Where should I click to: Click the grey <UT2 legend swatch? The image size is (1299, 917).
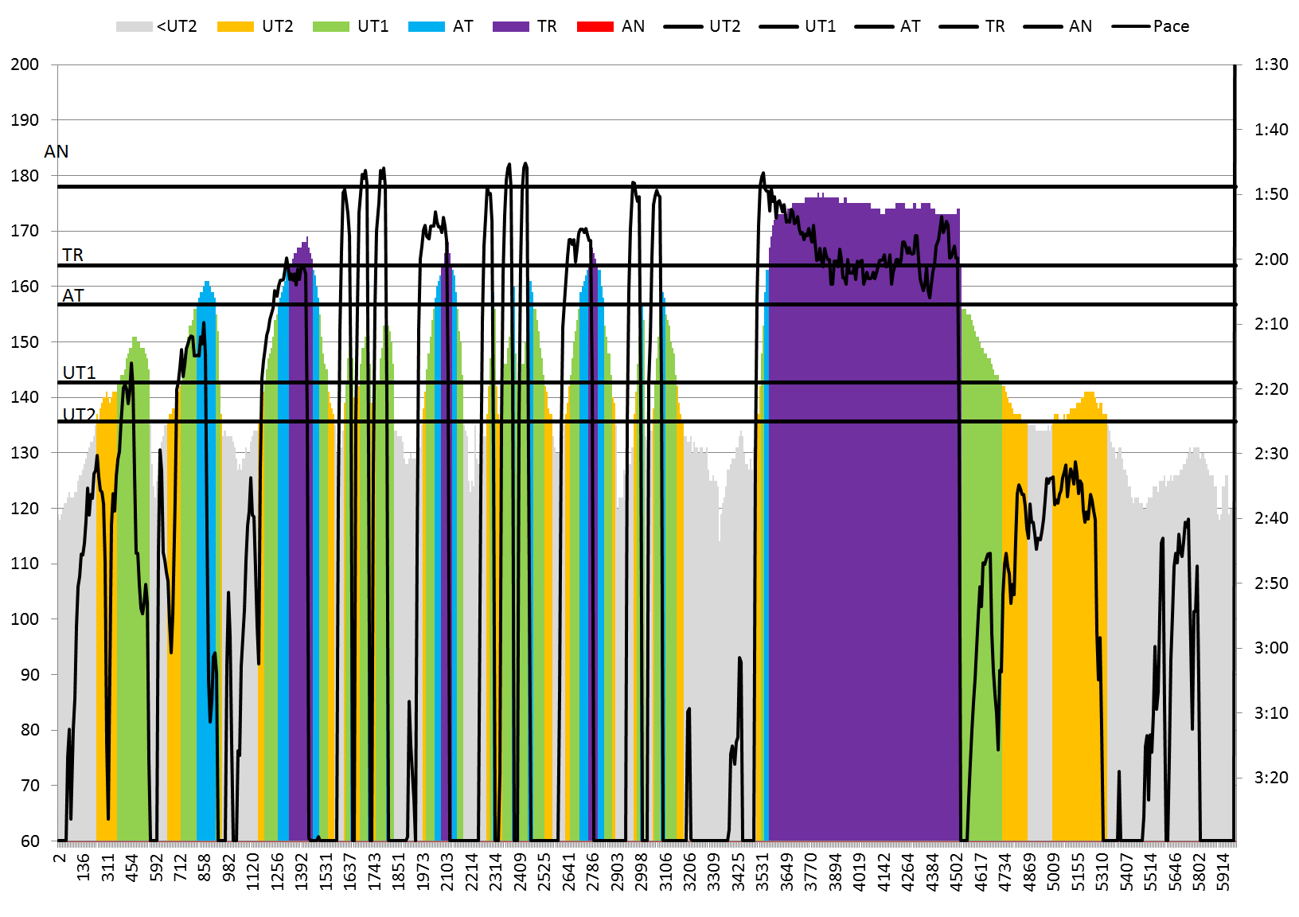134,26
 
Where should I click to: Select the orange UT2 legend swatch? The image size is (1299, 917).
236,26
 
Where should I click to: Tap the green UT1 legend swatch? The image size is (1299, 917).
331,26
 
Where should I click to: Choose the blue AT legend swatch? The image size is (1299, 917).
427,26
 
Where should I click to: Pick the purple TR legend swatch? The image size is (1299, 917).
511,26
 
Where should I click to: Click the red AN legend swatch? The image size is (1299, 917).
595,26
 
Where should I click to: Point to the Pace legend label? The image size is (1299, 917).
1171,26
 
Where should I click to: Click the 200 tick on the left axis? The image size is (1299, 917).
25,64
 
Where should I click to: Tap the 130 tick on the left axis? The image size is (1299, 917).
25,453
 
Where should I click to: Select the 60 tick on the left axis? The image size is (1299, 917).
29,841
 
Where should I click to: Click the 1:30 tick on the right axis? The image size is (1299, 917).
1271,64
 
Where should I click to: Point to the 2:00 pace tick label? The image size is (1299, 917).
1271,259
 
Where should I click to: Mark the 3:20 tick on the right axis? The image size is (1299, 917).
1271,778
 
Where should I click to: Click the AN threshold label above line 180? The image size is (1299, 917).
57,151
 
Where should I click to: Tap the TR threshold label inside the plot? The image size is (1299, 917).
72,255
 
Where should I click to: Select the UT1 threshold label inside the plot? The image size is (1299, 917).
79,373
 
